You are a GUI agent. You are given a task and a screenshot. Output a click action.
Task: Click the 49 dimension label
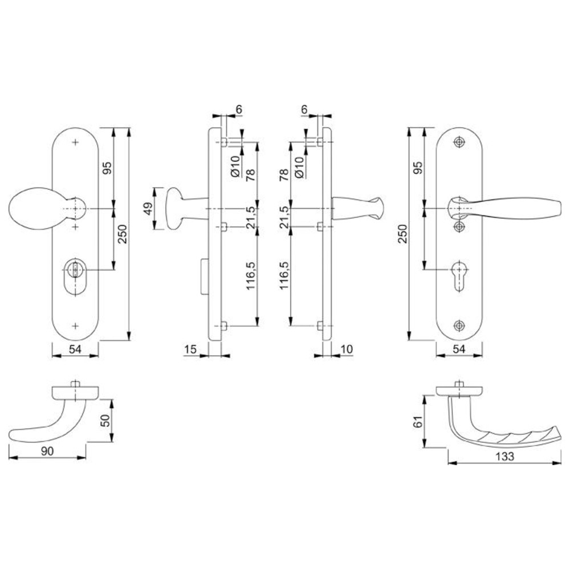pos(149,209)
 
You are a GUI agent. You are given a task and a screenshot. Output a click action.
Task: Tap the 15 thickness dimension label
pos(190,349)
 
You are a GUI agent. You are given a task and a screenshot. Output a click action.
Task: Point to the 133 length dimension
pos(504,456)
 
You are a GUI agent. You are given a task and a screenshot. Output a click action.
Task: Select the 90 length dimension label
pos(47,451)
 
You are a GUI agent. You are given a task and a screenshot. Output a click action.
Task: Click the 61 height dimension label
pos(418,422)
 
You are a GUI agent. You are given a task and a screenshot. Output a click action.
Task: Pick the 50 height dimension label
pos(105,421)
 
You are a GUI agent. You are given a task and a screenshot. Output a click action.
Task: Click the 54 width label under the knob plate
pos(75,349)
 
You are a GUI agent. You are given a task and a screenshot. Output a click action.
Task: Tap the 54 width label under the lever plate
pos(459,349)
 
